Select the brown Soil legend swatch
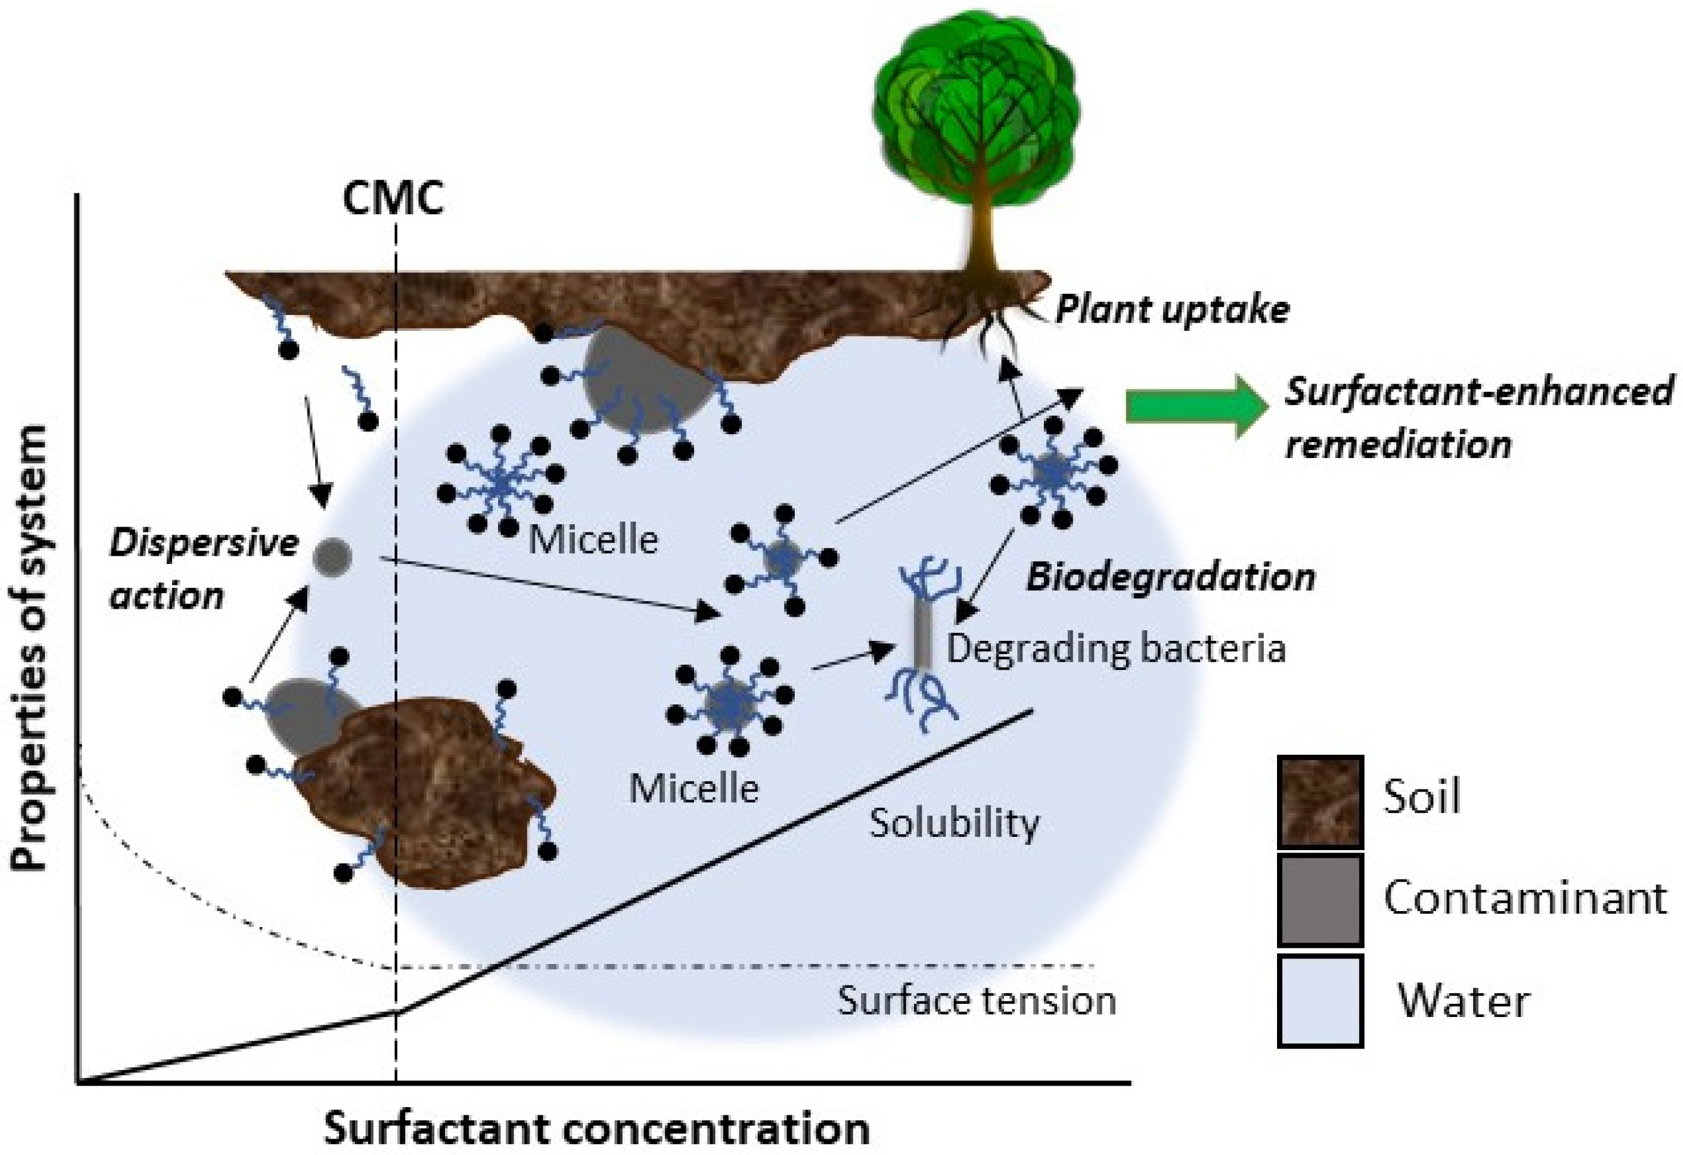pos(1319,802)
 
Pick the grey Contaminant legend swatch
pos(1319,900)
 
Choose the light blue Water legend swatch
pos(1319,1000)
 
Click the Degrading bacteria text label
pos(1116,649)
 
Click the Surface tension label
pos(977,1001)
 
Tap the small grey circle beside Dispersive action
pos(332,557)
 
